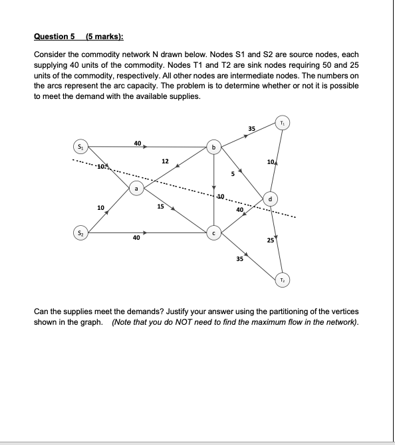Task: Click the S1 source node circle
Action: (80, 147)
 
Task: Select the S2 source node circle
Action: (80, 232)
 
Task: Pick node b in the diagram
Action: (213, 147)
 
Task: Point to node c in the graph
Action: (213, 233)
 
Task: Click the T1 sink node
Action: (284, 124)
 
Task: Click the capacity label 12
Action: (165, 161)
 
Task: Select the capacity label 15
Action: (160, 207)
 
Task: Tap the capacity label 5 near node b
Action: (232, 175)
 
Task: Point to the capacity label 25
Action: (269, 240)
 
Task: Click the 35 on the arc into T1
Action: (251, 128)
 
